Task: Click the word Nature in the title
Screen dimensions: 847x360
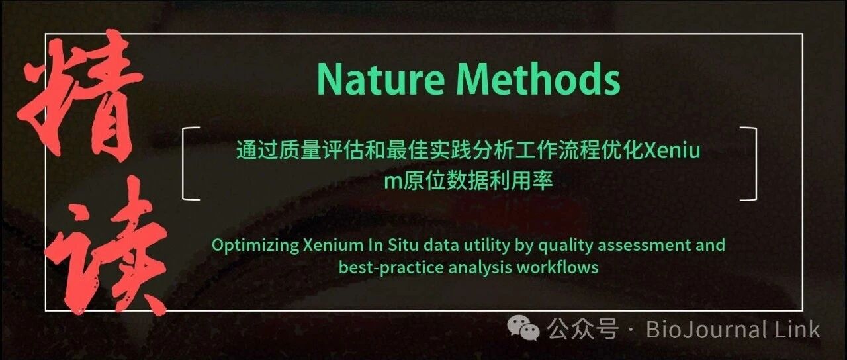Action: point(380,79)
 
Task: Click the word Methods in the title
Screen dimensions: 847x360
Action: point(539,78)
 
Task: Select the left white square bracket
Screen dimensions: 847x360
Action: point(184,163)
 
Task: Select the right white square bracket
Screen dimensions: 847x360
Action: point(755,163)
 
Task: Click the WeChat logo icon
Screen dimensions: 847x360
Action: point(523,328)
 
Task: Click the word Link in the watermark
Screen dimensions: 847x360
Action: point(797,329)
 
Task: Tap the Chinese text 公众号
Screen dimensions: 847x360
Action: point(583,328)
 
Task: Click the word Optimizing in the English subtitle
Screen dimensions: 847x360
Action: point(255,246)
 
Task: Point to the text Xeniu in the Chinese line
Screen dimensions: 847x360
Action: point(672,150)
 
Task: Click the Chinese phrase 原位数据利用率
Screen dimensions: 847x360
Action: point(478,181)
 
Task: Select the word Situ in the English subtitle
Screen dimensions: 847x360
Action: point(403,245)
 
